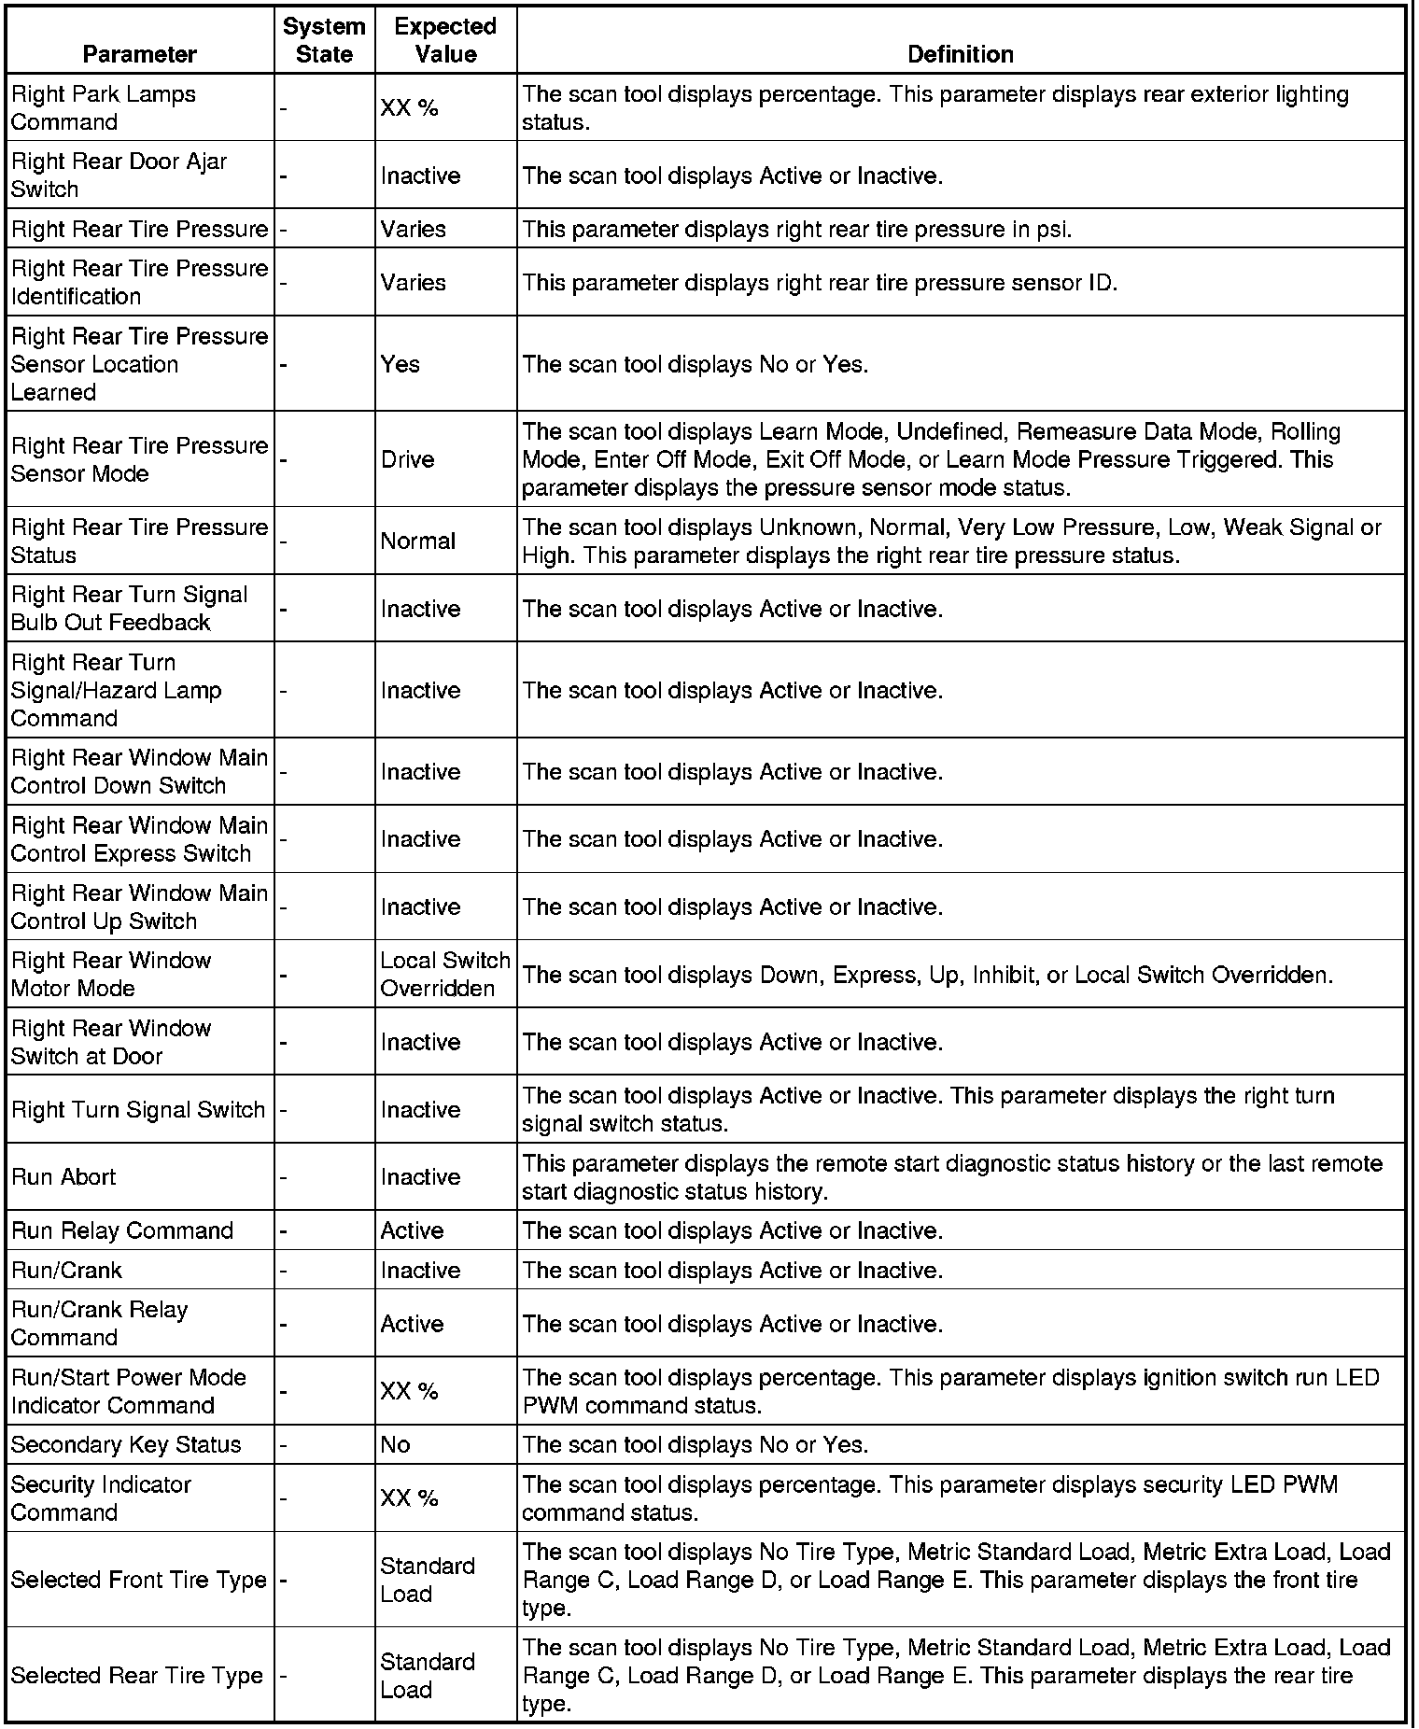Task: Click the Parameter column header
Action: click(x=140, y=54)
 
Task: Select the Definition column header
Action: click(x=960, y=54)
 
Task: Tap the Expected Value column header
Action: click(x=445, y=40)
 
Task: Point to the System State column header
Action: click(x=324, y=40)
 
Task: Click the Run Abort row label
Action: click(x=63, y=1176)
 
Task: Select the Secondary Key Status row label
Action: click(x=126, y=1444)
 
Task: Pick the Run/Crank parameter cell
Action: click(x=66, y=1270)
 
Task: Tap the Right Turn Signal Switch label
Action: click(x=138, y=1109)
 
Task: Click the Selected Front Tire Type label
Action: click(x=139, y=1580)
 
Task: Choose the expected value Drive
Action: click(x=407, y=459)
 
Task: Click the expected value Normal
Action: click(x=417, y=541)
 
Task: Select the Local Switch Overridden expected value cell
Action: click(x=445, y=974)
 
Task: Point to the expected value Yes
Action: click(x=400, y=364)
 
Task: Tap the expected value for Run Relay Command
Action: click(x=412, y=1230)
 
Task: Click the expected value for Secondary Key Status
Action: click(x=395, y=1444)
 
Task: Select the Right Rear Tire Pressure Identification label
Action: click(x=139, y=282)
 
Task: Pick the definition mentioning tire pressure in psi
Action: click(x=796, y=229)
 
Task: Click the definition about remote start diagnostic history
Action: click(x=951, y=1176)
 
